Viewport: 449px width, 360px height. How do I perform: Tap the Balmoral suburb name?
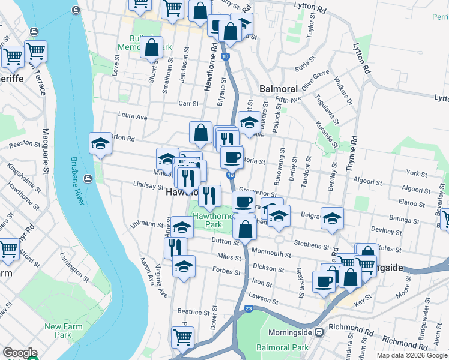[x=279, y=89]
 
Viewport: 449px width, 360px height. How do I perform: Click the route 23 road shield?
[x=249, y=308]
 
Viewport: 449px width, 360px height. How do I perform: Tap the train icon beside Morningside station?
[x=321, y=331]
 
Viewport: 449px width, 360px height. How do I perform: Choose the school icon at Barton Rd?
[x=101, y=143]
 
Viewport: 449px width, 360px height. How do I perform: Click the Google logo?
[x=20, y=353]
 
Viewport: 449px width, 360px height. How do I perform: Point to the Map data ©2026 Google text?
[x=412, y=355]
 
